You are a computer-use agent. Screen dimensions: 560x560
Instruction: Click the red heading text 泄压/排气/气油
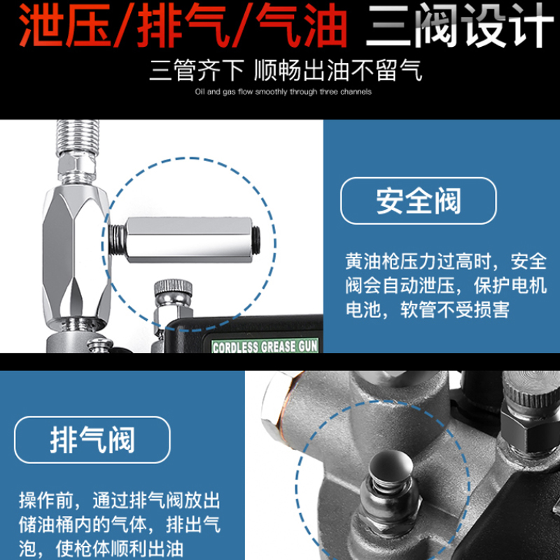coord(183,26)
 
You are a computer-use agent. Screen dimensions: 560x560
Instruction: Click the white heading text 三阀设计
coord(460,26)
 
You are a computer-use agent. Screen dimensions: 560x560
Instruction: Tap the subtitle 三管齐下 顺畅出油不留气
coord(286,71)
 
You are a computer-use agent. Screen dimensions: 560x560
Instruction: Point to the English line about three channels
coord(283,92)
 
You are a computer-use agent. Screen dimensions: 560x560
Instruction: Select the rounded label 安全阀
coord(419,201)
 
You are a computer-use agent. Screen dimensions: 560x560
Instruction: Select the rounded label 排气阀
coord(92,440)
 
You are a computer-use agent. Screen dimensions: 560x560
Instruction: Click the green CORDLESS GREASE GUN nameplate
coord(265,346)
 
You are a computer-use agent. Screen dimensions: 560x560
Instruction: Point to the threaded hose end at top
coord(78,136)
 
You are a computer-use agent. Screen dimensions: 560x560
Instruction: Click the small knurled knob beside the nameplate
coord(173,288)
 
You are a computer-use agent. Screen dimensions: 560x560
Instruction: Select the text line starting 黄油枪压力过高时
coord(446,261)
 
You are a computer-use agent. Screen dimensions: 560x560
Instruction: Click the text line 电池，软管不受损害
coord(427,309)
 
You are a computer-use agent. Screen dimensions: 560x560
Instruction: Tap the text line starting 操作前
coord(119,500)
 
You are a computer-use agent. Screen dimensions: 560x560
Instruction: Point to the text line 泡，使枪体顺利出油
coord(101,548)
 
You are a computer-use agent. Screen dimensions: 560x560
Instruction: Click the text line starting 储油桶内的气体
coord(119,524)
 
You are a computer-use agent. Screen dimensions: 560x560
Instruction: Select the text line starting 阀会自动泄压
coord(446,286)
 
